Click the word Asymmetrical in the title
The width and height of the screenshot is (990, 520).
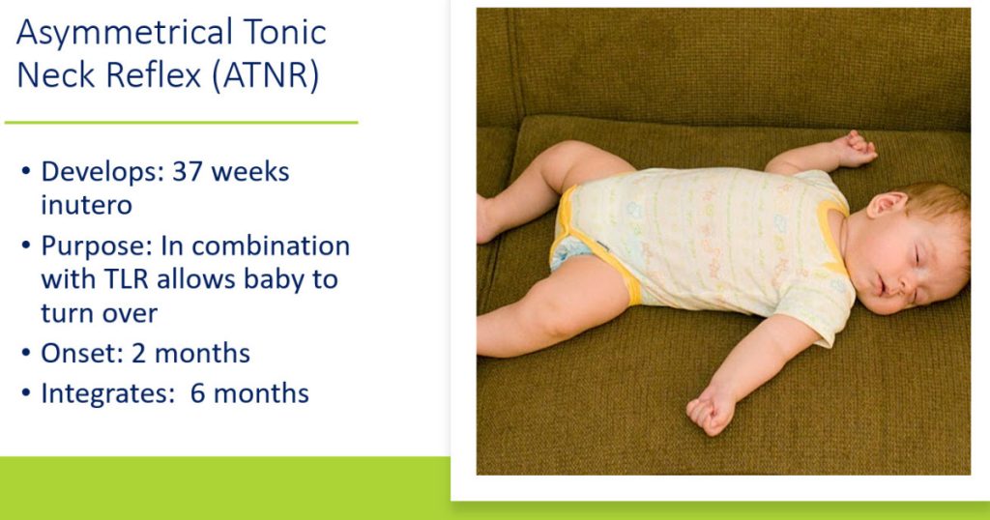click(125, 33)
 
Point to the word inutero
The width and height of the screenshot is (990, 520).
click(86, 205)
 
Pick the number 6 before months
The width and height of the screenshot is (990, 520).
click(197, 393)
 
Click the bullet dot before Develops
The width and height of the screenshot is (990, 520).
click(26, 172)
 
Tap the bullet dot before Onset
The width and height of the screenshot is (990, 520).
click(26, 353)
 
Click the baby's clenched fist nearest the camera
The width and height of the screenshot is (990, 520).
click(711, 414)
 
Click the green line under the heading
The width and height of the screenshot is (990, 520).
click(181, 123)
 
